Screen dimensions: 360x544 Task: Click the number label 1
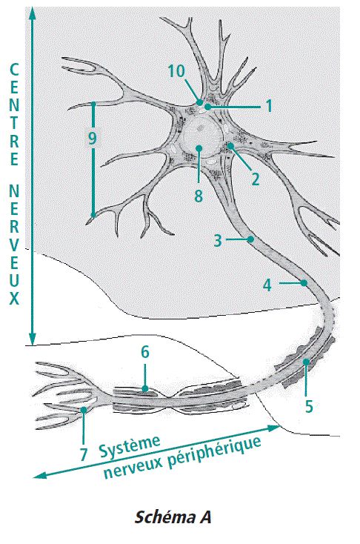[x=269, y=106]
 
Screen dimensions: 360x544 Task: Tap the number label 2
[x=256, y=179]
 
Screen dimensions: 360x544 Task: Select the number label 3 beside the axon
[x=218, y=240]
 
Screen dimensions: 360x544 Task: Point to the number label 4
[x=267, y=285]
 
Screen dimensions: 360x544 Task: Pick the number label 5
[x=309, y=405]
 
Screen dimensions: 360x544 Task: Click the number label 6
[x=145, y=352]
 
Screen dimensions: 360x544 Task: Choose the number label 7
[x=83, y=454]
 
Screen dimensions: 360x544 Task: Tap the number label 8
[x=198, y=196]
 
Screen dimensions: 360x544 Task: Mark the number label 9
[x=92, y=139]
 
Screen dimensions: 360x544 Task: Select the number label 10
[x=177, y=71]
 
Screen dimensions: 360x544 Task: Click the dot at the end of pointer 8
[x=199, y=148]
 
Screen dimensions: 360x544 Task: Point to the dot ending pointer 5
[x=306, y=362]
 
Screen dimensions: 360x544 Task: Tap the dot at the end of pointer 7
[x=84, y=410]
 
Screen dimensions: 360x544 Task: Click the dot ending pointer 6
[x=145, y=388]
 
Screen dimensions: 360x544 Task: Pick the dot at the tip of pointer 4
[x=304, y=283]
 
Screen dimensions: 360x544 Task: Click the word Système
[x=130, y=447]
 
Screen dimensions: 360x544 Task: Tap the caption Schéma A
[x=173, y=517]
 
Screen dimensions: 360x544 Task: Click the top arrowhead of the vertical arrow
[x=33, y=11]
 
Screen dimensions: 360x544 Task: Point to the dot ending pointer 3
[x=250, y=239]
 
